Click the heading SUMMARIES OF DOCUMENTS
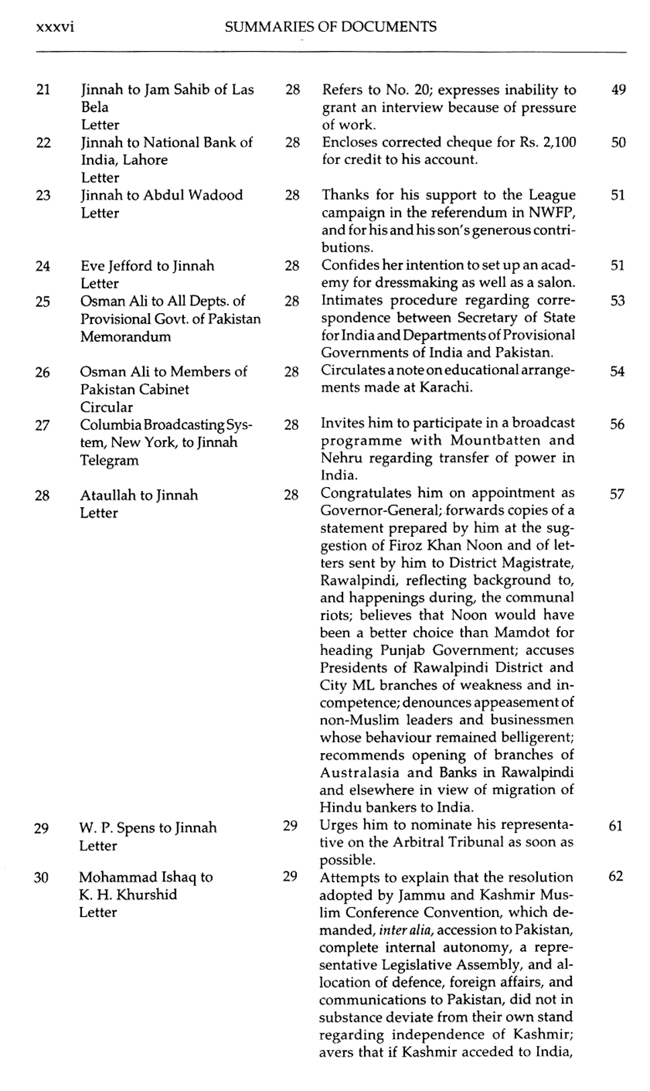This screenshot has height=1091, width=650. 330,27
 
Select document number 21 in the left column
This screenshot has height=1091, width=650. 43,89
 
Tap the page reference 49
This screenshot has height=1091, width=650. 618,89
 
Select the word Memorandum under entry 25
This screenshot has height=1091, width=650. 125,337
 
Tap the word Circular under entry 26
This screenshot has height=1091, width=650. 106,407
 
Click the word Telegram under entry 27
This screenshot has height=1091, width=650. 109,460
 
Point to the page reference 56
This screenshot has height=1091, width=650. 618,424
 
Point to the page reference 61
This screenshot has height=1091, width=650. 616,826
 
